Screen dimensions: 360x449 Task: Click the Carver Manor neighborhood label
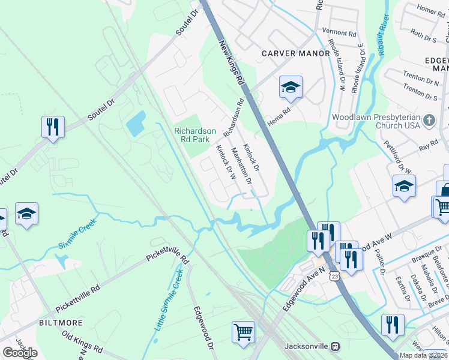tap(295, 53)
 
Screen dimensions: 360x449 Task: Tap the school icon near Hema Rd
tap(290, 88)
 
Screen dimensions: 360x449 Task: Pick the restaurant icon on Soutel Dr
tap(53, 127)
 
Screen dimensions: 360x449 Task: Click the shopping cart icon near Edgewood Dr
tap(243, 332)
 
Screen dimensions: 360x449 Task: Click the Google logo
tap(20, 353)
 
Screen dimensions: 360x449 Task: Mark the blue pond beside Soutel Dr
tap(136, 124)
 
